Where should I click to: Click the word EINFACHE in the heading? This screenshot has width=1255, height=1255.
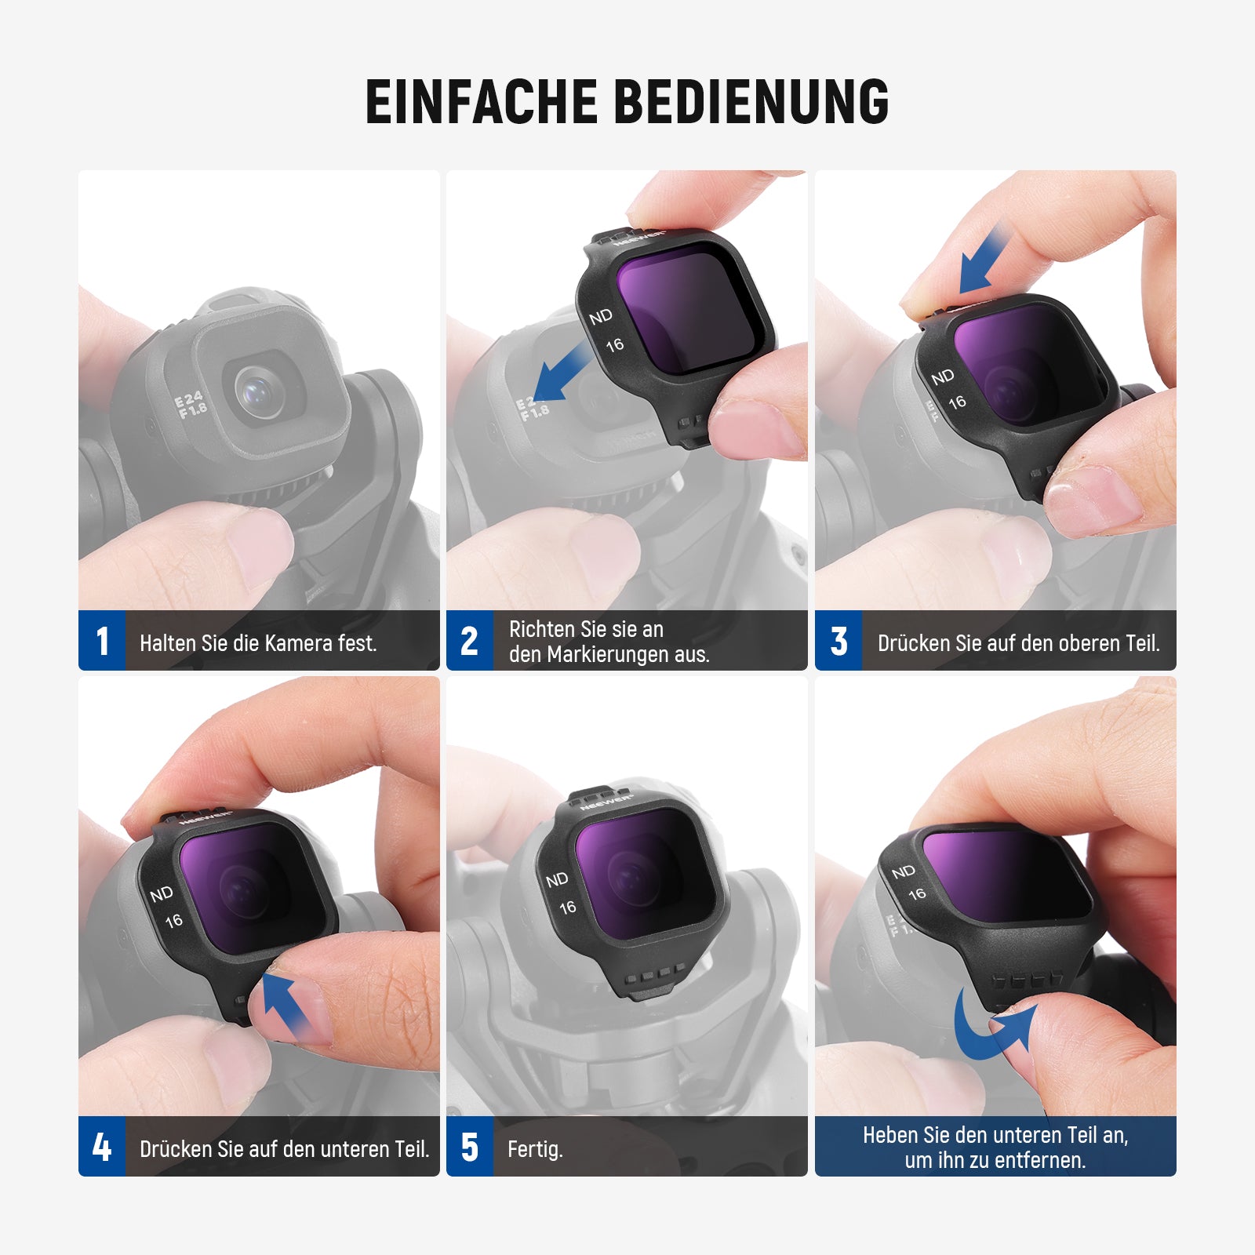click(482, 101)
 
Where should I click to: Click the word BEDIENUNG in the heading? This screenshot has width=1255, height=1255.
click(752, 101)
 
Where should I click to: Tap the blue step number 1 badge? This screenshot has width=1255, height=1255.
click(102, 641)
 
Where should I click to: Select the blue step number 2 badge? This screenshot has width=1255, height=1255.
click(470, 641)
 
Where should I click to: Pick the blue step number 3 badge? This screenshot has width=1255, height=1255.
click(838, 641)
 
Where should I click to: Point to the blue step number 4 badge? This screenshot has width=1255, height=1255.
click(102, 1147)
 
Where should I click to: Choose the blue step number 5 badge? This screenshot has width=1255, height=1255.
click(470, 1147)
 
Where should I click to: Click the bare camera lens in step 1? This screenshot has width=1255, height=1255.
click(259, 391)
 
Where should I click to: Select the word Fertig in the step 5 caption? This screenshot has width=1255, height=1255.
click(533, 1150)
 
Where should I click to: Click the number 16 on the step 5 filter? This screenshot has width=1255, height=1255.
click(568, 908)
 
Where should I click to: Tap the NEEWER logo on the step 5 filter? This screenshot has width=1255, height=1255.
click(607, 803)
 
